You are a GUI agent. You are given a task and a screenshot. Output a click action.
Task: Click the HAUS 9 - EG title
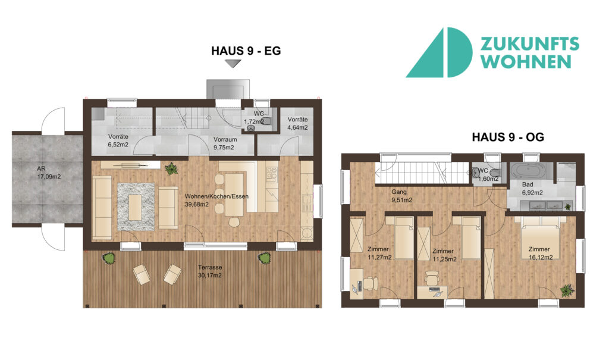pyautogui.click(x=246, y=51)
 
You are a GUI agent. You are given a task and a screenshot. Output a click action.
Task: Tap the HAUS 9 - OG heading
pyautogui.click(x=508, y=137)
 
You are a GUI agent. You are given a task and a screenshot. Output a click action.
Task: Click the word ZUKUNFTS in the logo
pyautogui.click(x=530, y=44)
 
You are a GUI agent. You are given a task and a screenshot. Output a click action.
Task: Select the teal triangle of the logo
pyautogui.click(x=425, y=54)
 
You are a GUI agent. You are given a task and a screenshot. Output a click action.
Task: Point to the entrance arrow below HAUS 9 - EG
pyautogui.click(x=233, y=64)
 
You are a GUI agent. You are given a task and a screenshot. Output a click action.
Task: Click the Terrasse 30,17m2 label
pyautogui.click(x=210, y=271)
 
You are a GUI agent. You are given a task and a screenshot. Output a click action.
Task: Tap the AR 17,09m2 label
pyautogui.click(x=49, y=173)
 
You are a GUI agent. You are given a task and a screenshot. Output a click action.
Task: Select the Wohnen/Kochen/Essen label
pyautogui.click(x=216, y=200)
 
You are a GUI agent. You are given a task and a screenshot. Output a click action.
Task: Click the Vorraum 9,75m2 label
pyautogui.click(x=225, y=143)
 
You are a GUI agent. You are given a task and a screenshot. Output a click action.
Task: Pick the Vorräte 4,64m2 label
pyautogui.click(x=297, y=123)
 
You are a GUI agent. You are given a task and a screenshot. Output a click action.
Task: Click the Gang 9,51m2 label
pyautogui.click(x=401, y=196)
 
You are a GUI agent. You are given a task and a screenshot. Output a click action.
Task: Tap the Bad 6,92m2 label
pyautogui.click(x=532, y=189)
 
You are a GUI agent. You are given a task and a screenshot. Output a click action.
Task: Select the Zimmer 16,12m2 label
pyautogui.click(x=541, y=253)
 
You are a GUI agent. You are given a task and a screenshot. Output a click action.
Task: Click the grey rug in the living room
pyautogui.click(x=136, y=207)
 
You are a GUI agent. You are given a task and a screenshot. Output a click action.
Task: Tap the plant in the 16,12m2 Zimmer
pyautogui.click(x=567, y=290)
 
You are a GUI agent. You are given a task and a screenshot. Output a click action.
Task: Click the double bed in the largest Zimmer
pyautogui.click(x=538, y=237)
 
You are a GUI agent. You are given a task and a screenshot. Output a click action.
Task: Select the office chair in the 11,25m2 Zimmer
pyautogui.click(x=431, y=278)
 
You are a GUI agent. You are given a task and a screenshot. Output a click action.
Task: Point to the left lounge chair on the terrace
pyautogui.click(x=142, y=274)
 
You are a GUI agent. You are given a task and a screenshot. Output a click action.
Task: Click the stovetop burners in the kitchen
pyautogui.click(x=272, y=174)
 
